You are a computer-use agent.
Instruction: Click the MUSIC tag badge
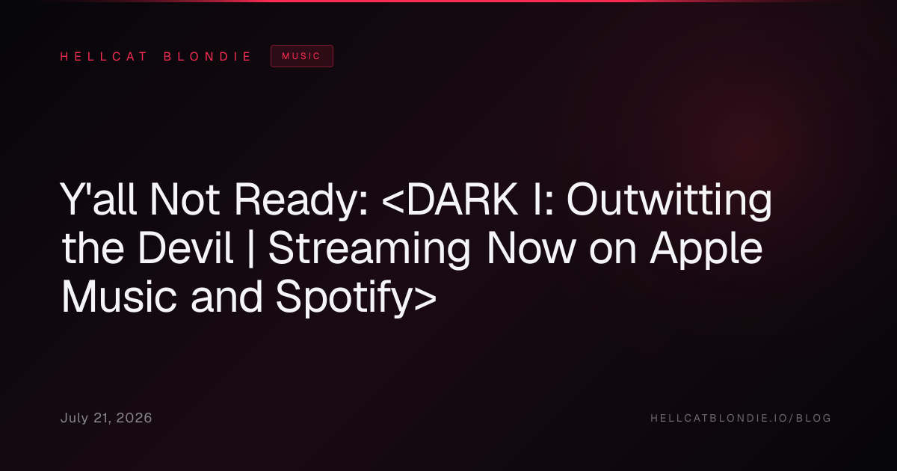click(x=301, y=56)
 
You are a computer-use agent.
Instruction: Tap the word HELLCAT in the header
click(x=104, y=57)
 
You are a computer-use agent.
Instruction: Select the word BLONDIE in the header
click(x=207, y=57)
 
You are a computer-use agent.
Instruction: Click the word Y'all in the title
click(x=99, y=199)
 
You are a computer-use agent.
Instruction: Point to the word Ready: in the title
click(x=300, y=201)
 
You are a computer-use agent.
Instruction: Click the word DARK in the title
click(x=462, y=199)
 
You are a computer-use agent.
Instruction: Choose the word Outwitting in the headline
click(x=669, y=201)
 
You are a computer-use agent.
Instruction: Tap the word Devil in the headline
click(x=185, y=248)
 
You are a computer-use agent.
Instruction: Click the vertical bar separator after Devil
click(x=251, y=249)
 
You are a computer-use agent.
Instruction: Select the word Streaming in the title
click(x=369, y=250)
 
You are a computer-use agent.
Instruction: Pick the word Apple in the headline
click(x=706, y=250)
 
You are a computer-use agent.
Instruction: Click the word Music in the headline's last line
click(x=119, y=297)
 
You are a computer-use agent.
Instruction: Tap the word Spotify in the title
click(x=344, y=298)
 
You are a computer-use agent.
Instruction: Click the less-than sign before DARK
click(x=394, y=200)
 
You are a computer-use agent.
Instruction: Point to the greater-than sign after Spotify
click(x=425, y=298)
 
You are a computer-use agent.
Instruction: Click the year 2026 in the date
click(x=134, y=418)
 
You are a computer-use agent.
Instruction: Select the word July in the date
click(x=75, y=419)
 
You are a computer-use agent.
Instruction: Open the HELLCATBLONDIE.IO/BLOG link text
click(x=741, y=418)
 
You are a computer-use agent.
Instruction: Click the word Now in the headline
click(x=531, y=248)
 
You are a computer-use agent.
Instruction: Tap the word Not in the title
click(x=185, y=200)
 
